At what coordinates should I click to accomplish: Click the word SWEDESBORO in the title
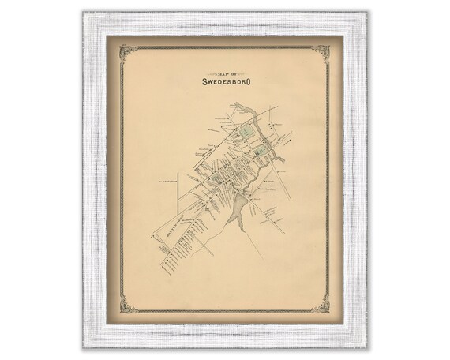(x=226, y=80)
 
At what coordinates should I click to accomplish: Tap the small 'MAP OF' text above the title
(x=226, y=70)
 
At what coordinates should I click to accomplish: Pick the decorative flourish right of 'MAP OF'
(x=245, y=70)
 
